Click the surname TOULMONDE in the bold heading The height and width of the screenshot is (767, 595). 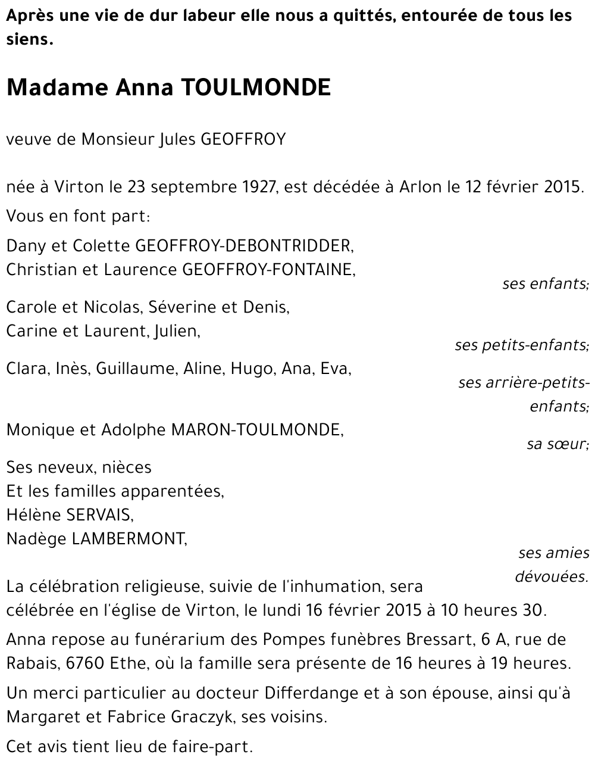tap(255, 88)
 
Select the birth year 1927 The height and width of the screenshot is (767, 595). tap(259, 187)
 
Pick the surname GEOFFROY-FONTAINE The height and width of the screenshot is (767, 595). tap(267, 270)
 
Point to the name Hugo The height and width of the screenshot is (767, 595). tap(251, 369)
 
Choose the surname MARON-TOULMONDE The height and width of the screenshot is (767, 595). tap(257, 430)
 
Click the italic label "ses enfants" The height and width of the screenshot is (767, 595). tap(545, 284)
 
